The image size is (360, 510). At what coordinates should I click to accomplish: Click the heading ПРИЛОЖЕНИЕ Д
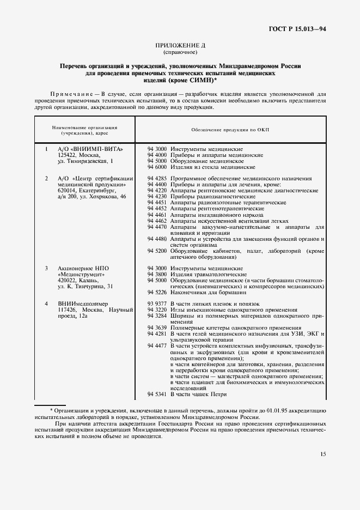[180, 46]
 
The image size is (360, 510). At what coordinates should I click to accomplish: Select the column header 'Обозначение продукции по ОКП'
[234, 131]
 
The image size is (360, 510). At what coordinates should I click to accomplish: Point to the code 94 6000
[157, 168]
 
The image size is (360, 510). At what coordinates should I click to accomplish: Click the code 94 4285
[157, 178]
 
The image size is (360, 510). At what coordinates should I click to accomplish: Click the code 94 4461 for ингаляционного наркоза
[157, 215]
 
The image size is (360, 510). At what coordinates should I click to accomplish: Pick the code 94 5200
[157, 251]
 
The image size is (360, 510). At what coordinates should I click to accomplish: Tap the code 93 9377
[157, 303]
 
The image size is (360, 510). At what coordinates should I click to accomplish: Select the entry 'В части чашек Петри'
[198, 394]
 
